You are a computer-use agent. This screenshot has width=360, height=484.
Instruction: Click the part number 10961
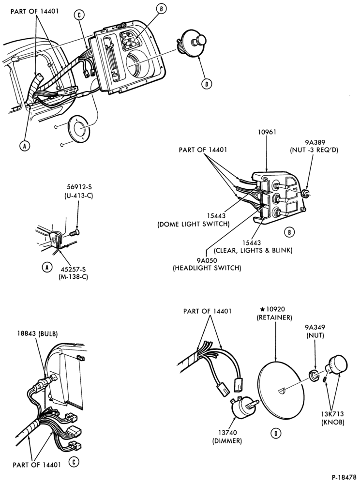pyautogui.click(x=267, y=132)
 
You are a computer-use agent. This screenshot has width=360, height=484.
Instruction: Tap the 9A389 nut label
pyautogui.click(x=314, y=146)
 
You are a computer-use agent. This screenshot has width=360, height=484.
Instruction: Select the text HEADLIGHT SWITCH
pyautogui.click(x=207, y=268)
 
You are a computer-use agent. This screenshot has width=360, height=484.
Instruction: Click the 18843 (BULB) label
pyautogui.click(x=38, y=333)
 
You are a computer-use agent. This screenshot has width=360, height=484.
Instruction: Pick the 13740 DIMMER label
pyautogui.click(x=227, y=437)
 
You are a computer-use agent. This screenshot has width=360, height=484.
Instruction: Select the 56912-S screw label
pyautogui.click(x=79, y=191)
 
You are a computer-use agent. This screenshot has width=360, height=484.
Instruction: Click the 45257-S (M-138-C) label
pyautogui.click(x=73, y=273)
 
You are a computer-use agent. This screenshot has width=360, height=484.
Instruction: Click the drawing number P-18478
pyautogui.click(x=344, y=477)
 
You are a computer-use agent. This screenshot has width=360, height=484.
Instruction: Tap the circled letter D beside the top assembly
pyautogui.click(x=207, y=84)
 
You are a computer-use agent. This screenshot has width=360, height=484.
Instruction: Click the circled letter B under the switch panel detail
pyautogui.click(x=289, y=232)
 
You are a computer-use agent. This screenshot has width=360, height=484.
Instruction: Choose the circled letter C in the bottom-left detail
pyautogui.click(x=74, y=462)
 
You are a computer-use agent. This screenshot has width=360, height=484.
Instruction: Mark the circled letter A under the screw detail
pyautogui.click(x=47, y=267)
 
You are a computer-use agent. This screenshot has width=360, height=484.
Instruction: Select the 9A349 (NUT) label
pyautogui.click(x=315, y=331)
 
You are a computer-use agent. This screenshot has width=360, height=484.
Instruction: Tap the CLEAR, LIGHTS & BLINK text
pyautogui.click(x=253, y=250)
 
